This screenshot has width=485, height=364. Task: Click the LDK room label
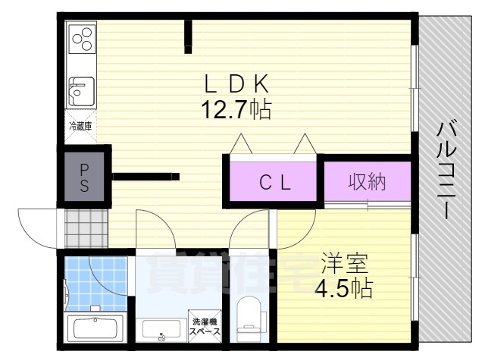[236, 83]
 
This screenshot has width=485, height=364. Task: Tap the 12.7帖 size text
[236, 109]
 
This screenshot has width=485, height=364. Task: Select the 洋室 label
[345, 263]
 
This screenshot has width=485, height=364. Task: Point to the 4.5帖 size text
[344, 288]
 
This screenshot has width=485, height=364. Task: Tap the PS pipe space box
[84, 177]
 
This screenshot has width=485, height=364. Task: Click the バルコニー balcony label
[446, 171]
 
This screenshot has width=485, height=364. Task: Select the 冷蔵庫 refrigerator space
[80, 127]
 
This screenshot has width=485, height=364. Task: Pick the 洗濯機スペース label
[205, 326]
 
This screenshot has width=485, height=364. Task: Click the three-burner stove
[83, 39]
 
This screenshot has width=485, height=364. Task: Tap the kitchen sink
[82, 91]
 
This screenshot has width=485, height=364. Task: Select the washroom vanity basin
[161, 329]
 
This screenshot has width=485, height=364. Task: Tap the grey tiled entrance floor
[86, 229]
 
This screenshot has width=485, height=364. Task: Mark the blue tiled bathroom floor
[96, 283]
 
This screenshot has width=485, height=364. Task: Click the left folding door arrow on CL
[241, 143]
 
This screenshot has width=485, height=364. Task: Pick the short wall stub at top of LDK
[188, 36]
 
